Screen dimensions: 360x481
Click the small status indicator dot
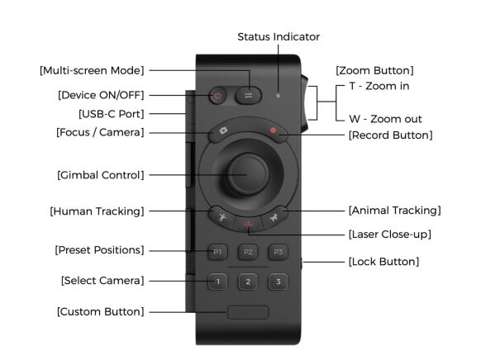coord(278,95)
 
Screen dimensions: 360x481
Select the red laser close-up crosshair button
coord(247,223)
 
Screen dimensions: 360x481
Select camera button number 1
coord(217,282)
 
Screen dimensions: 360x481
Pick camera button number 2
coord(247,282)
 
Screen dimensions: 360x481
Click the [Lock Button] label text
coord(383,262)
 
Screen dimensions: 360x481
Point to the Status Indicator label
coord(278,37)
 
